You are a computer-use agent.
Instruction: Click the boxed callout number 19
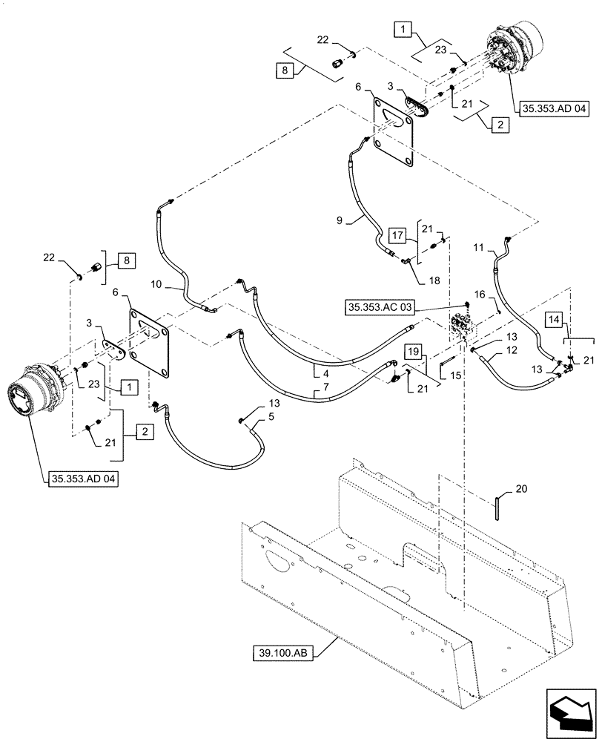[x=413, y=352]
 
